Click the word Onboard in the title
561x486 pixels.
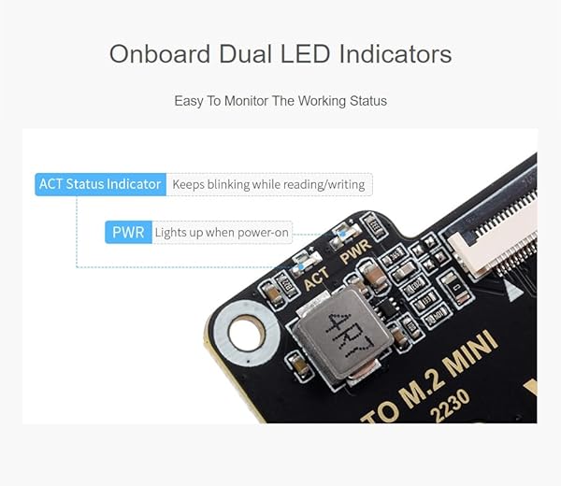(x=160, y=54)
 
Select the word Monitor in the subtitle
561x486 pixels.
(x=246, y=101)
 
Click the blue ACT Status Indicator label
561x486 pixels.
(x=101, y=184)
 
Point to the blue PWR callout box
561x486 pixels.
(x=128, y=233)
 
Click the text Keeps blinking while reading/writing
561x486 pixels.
(x=268, y=184)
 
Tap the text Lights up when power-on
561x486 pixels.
(x=222, y=233)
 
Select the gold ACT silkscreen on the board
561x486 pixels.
(x=316, y=278)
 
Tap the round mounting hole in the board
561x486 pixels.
(x=247, y=333)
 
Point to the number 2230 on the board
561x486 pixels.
(x=450, y=406)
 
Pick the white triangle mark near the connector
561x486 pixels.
(x=513, y=290)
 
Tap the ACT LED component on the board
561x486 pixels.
(x=306, y=264)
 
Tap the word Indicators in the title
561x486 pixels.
(x=396, y=54)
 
